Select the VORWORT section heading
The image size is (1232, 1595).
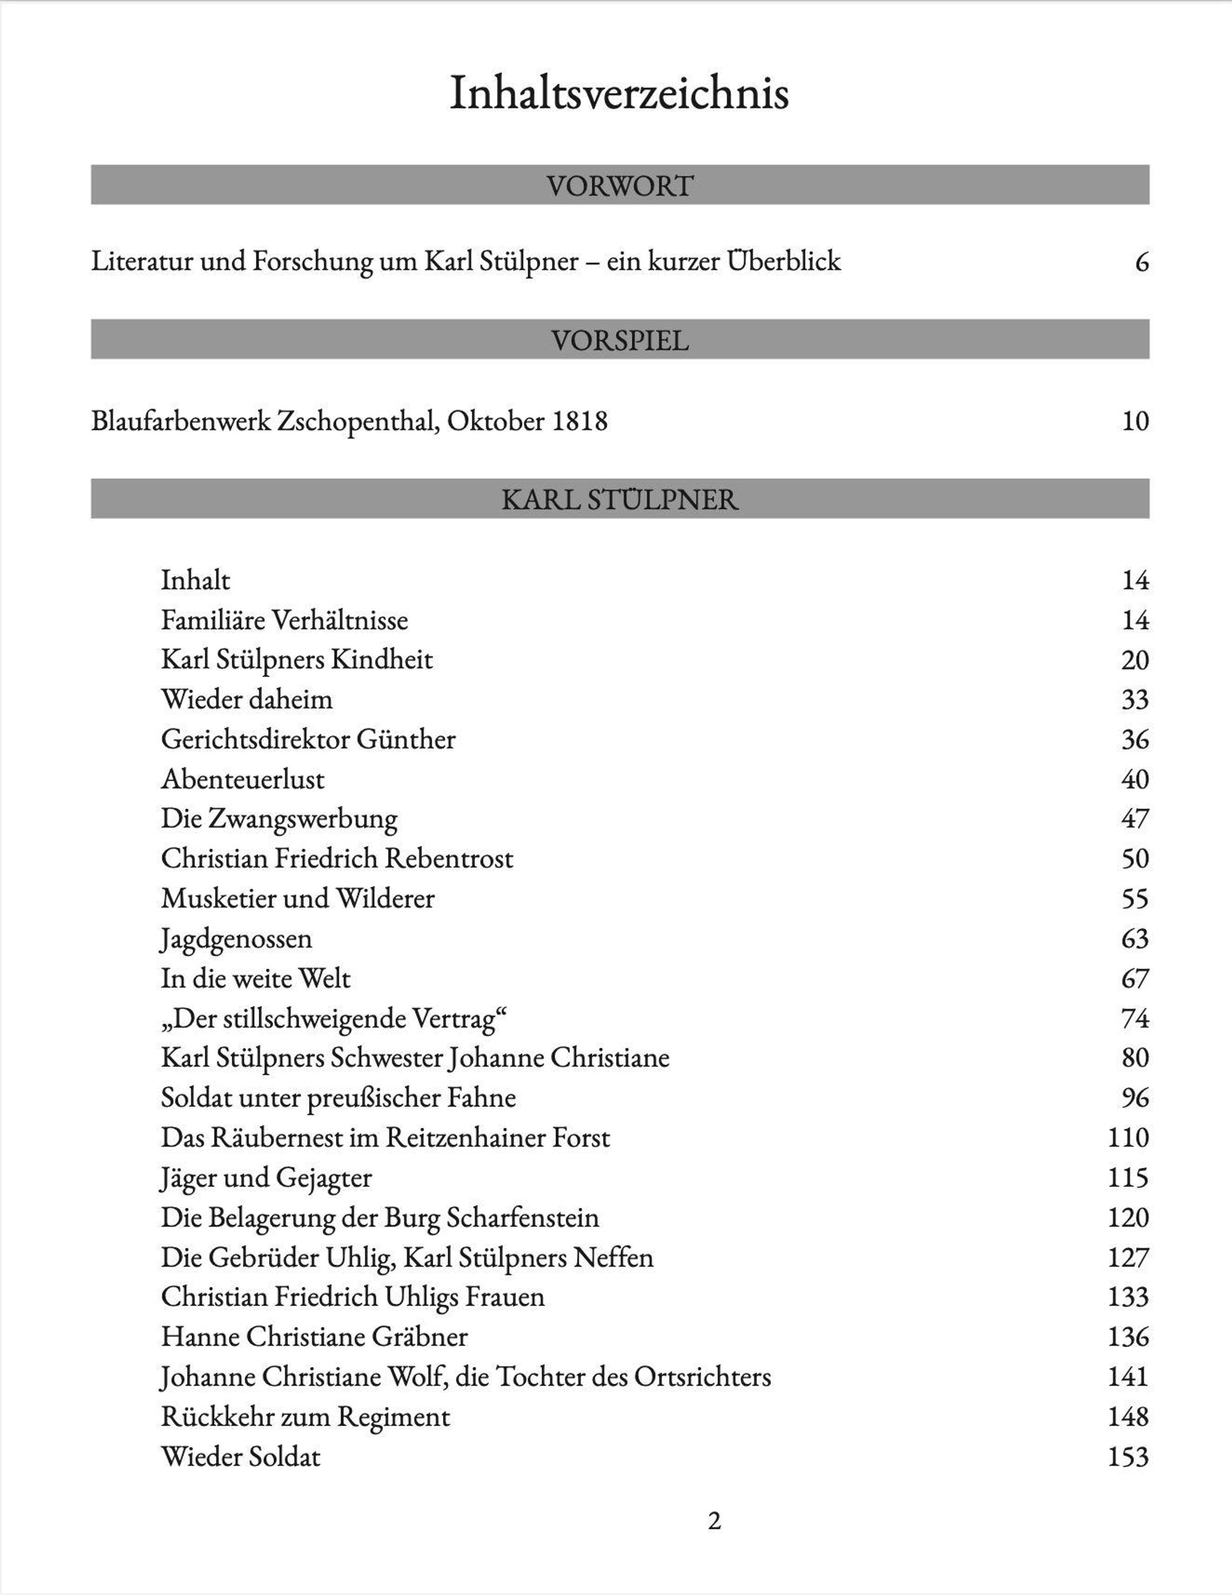(619, 185)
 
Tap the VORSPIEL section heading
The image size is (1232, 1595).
(619, 340)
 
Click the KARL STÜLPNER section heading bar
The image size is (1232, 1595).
(619, 499)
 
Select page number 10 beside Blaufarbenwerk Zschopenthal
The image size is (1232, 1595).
(1135, 421)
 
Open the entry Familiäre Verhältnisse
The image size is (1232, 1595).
(284, 620)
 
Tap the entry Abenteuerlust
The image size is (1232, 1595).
(242, 779)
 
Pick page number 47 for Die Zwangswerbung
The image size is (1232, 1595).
(1135, 819)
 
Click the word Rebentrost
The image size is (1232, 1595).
(449, 858)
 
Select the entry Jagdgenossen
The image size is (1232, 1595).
(236, 938)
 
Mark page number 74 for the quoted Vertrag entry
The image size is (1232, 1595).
(1135, 1018)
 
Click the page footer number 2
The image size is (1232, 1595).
(714, 1521)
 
